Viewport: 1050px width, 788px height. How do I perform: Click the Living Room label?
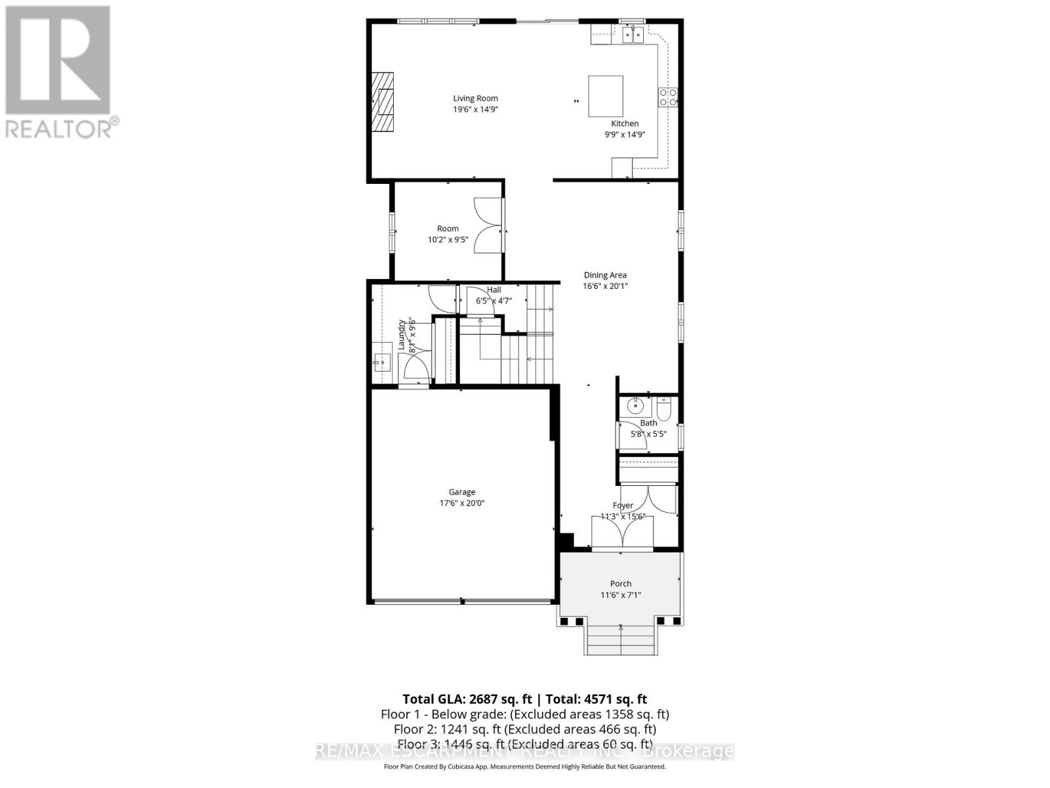coord(475,98)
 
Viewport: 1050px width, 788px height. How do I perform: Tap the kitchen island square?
coord(605,96)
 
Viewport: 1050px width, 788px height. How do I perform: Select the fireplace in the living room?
coord(384,102)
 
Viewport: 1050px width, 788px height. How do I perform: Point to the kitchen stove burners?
coord(667,98)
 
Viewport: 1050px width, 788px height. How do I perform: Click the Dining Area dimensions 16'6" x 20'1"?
coord(604,286)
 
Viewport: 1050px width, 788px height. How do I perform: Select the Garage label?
coord(462,492)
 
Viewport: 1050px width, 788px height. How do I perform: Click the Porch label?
coord(620,584)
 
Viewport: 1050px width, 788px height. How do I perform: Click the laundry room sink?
coord(382,362)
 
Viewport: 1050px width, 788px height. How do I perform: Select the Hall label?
coord(493,290)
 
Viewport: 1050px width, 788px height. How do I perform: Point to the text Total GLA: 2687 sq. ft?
coord(467,699)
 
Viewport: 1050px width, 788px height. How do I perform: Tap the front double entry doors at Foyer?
coord(622,531)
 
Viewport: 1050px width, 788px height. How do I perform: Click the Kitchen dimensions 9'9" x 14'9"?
coord(625,135)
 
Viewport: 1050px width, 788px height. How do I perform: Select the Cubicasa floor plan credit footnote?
coord(524,766)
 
